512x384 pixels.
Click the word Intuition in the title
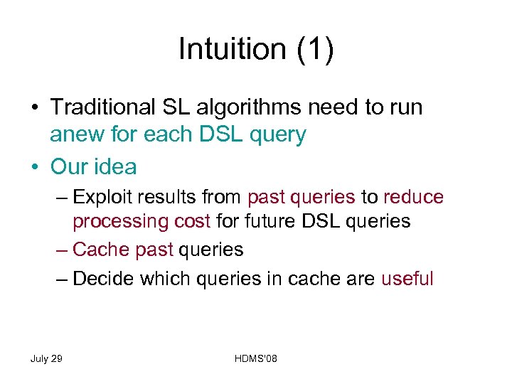225,50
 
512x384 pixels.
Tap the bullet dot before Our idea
35,167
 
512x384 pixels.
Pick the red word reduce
413,197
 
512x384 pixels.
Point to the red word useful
407,279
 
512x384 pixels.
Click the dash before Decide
62,279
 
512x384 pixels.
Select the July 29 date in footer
46,359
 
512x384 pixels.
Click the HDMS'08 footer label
255,359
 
